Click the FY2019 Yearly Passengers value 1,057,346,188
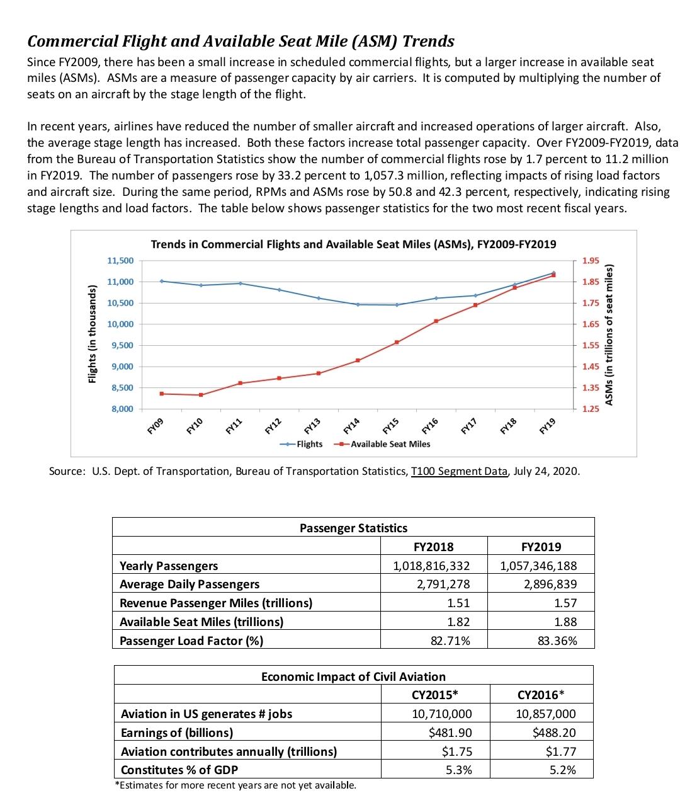tap(538, 566)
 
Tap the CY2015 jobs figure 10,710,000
tap(441, 714)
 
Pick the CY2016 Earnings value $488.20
tap(554, 732)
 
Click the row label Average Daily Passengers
tap(189, 584)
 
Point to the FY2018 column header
tap(433, 547)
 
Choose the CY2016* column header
tap(541, 695)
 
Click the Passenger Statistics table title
tap(353, 528)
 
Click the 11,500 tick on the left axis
tap(120, 261)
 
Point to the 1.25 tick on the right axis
tap(591, 409)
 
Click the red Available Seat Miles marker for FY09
tap(162, 394)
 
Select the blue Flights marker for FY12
tap(279, 290)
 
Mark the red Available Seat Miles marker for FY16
tap(436, 321)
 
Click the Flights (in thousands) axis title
tap(93, 334)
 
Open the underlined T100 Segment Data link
tap(459, 471)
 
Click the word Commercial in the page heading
tap(71, 42)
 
